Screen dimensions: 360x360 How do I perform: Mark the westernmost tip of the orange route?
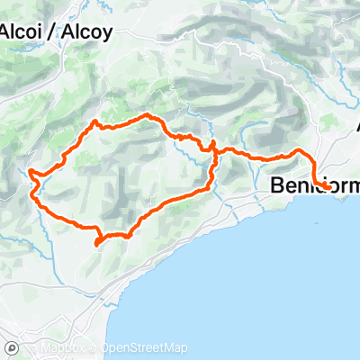[30, 171]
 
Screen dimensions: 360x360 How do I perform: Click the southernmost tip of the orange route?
[97, 243]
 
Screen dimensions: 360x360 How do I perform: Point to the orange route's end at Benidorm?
[327, 186]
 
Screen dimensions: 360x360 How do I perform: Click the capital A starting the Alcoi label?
[4, 31]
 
